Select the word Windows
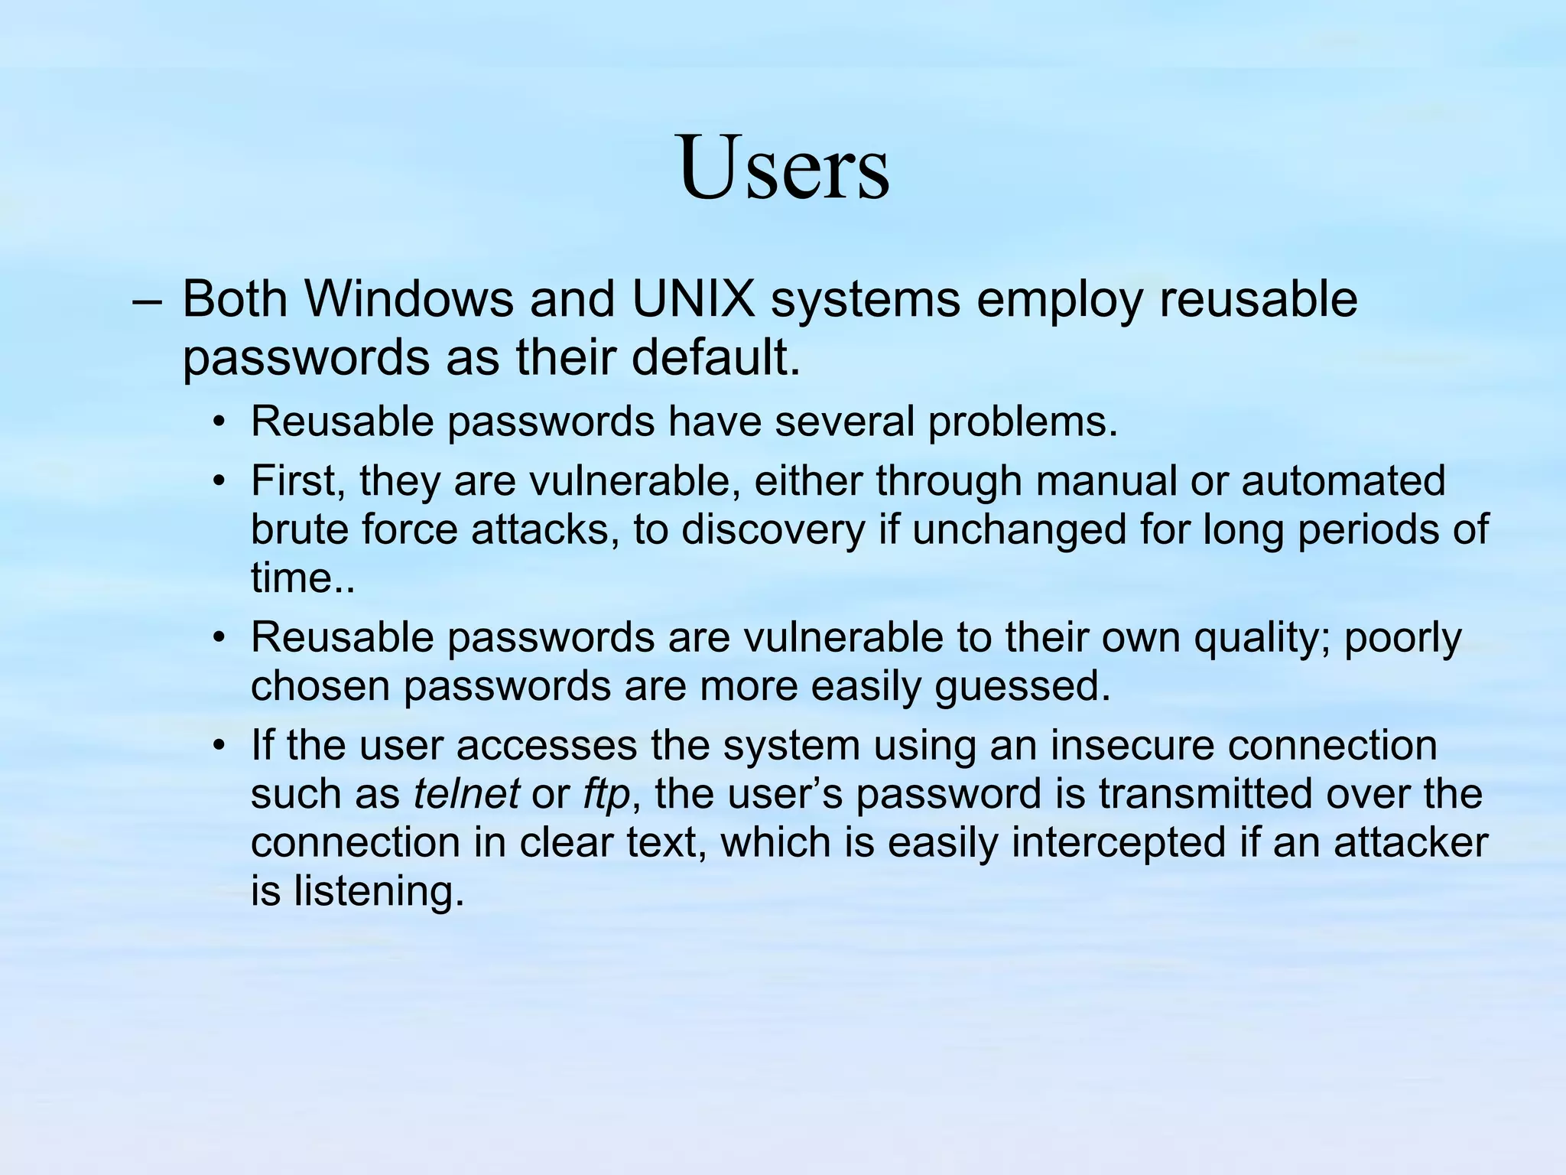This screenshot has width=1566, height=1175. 411,299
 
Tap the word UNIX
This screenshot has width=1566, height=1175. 693,299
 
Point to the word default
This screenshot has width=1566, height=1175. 716,357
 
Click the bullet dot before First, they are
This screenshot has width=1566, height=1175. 220,482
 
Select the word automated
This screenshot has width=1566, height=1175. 1343,481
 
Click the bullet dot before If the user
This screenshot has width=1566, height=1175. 220,746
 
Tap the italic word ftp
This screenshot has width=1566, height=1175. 606,795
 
